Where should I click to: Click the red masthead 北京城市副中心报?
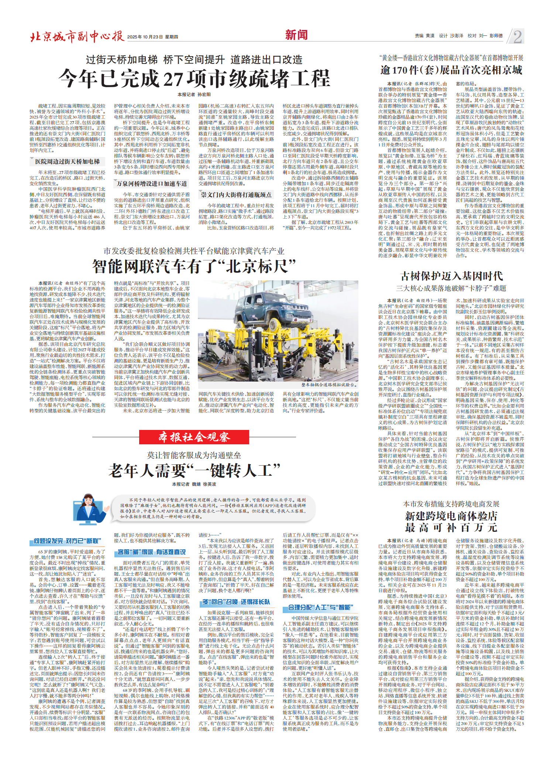click(77, 36)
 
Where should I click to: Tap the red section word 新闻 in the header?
click(296, 35)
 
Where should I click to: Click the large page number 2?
click(517, 37)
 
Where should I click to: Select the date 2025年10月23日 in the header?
click(145, 37)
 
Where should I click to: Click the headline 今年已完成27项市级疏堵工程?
click(194, 78)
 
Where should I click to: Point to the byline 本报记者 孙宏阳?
click(194, 95)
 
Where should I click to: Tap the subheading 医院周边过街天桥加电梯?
click(67, 161)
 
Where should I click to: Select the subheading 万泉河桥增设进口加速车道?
click(152, 184)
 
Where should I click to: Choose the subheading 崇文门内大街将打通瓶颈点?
click(236, 195)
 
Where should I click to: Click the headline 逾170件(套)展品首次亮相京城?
click(451, 70)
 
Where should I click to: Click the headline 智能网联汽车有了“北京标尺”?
click(194, 266)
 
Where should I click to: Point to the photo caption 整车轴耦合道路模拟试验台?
click(328, 385)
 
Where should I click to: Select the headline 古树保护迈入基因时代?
click(451, 276)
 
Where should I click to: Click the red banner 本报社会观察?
click(194, 437)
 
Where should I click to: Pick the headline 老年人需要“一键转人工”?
click(194, 471)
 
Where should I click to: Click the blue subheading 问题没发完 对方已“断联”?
click(67, 541)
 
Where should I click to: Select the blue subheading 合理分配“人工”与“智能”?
click(320, 608)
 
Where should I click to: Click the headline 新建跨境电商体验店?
click(451, 516)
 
